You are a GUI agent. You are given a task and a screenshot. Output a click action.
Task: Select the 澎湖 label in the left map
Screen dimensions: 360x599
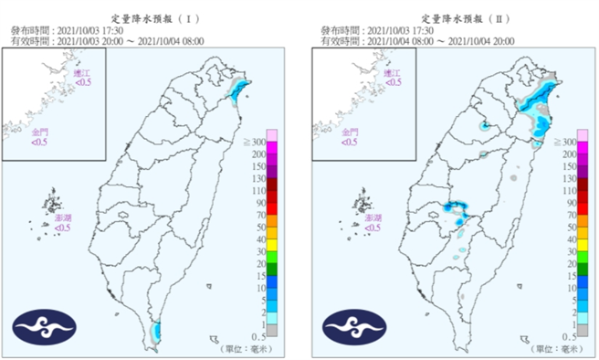pos(63,219)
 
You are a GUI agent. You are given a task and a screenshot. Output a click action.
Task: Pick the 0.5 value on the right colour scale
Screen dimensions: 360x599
pos(570,336)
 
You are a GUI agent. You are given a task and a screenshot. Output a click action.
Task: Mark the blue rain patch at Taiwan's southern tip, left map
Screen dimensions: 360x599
pos(155,330)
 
